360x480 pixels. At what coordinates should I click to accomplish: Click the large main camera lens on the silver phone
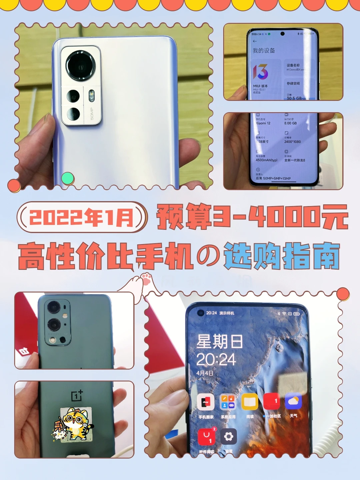80,66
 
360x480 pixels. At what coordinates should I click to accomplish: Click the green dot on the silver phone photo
68,178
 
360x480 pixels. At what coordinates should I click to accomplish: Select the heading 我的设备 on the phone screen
264,51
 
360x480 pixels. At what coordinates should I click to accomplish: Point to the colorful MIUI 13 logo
260,72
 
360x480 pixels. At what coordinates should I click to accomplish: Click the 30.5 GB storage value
294,98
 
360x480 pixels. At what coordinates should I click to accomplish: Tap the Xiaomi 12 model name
263,123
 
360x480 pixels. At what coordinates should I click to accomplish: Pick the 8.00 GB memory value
290,123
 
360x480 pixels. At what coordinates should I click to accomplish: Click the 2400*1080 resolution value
292,142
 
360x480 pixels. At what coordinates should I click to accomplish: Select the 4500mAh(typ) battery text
266,160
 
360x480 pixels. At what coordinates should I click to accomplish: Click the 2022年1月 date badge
82,217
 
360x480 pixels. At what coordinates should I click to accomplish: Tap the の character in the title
208,256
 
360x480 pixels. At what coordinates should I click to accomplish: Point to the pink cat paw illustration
146,279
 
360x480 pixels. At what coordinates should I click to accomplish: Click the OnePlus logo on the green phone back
77,396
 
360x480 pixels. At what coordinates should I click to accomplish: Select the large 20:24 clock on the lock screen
216,360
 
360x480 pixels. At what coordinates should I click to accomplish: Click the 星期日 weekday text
219,342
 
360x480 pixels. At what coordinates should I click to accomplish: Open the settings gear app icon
228,436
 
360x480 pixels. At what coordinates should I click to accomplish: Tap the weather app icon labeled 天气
293,402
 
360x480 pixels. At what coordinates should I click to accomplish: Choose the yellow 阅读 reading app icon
250,402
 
